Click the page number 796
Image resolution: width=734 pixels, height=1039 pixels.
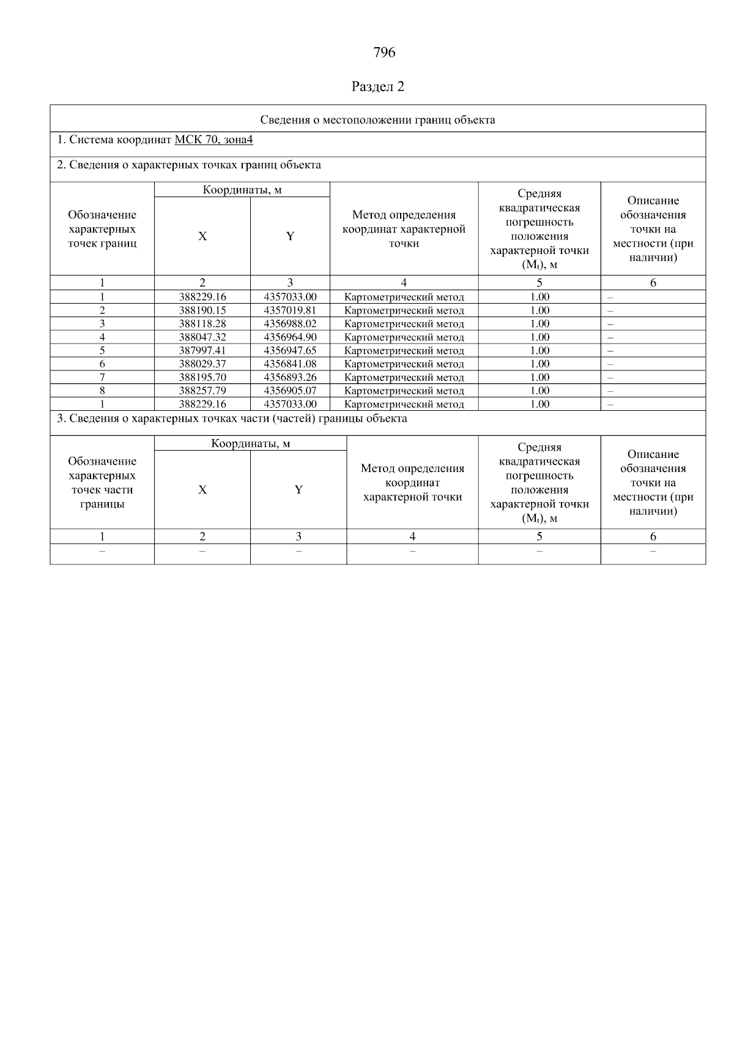pyautogui.click(x=384, y=53)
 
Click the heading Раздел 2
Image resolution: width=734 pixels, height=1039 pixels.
pyautogui.click(x=378, y=86)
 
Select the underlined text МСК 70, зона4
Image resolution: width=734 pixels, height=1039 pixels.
pyautogui.click(x=213, y=140)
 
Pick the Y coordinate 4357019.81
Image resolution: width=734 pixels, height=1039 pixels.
pyautogui.click(x=290, y=310)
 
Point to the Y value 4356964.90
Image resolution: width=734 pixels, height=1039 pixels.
pyautogui.click(x=290, y=337)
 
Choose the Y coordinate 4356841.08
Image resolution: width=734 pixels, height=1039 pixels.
pyautogui.click(x=290, y=364)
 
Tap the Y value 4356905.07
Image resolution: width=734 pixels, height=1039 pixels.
pyautogui.click(x=290, y=391)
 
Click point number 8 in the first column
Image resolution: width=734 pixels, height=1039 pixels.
pyautogui.click(x=102, y=391)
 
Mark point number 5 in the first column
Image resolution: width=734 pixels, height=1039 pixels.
pyautogui.click(x=102, y=351)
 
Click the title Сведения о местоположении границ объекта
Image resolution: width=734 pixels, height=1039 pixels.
pyautogui.click(x=377, y=119)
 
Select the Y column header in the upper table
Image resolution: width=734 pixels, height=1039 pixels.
pyautogui.click(x=290, y=236)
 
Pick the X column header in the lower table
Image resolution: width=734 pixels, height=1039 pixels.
pyautogui.click(x=202, y=490)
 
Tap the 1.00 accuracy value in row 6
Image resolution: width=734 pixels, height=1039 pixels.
pyautogui.click(x=539, y=364)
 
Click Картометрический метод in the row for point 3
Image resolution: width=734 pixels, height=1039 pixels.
pyautogui.click(x=404, y=324)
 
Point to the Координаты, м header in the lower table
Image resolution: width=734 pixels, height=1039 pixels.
pyautogui.click(x=250, y=443)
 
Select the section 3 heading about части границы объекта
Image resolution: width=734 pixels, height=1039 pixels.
pyautogui.click(x=232, y=419)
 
